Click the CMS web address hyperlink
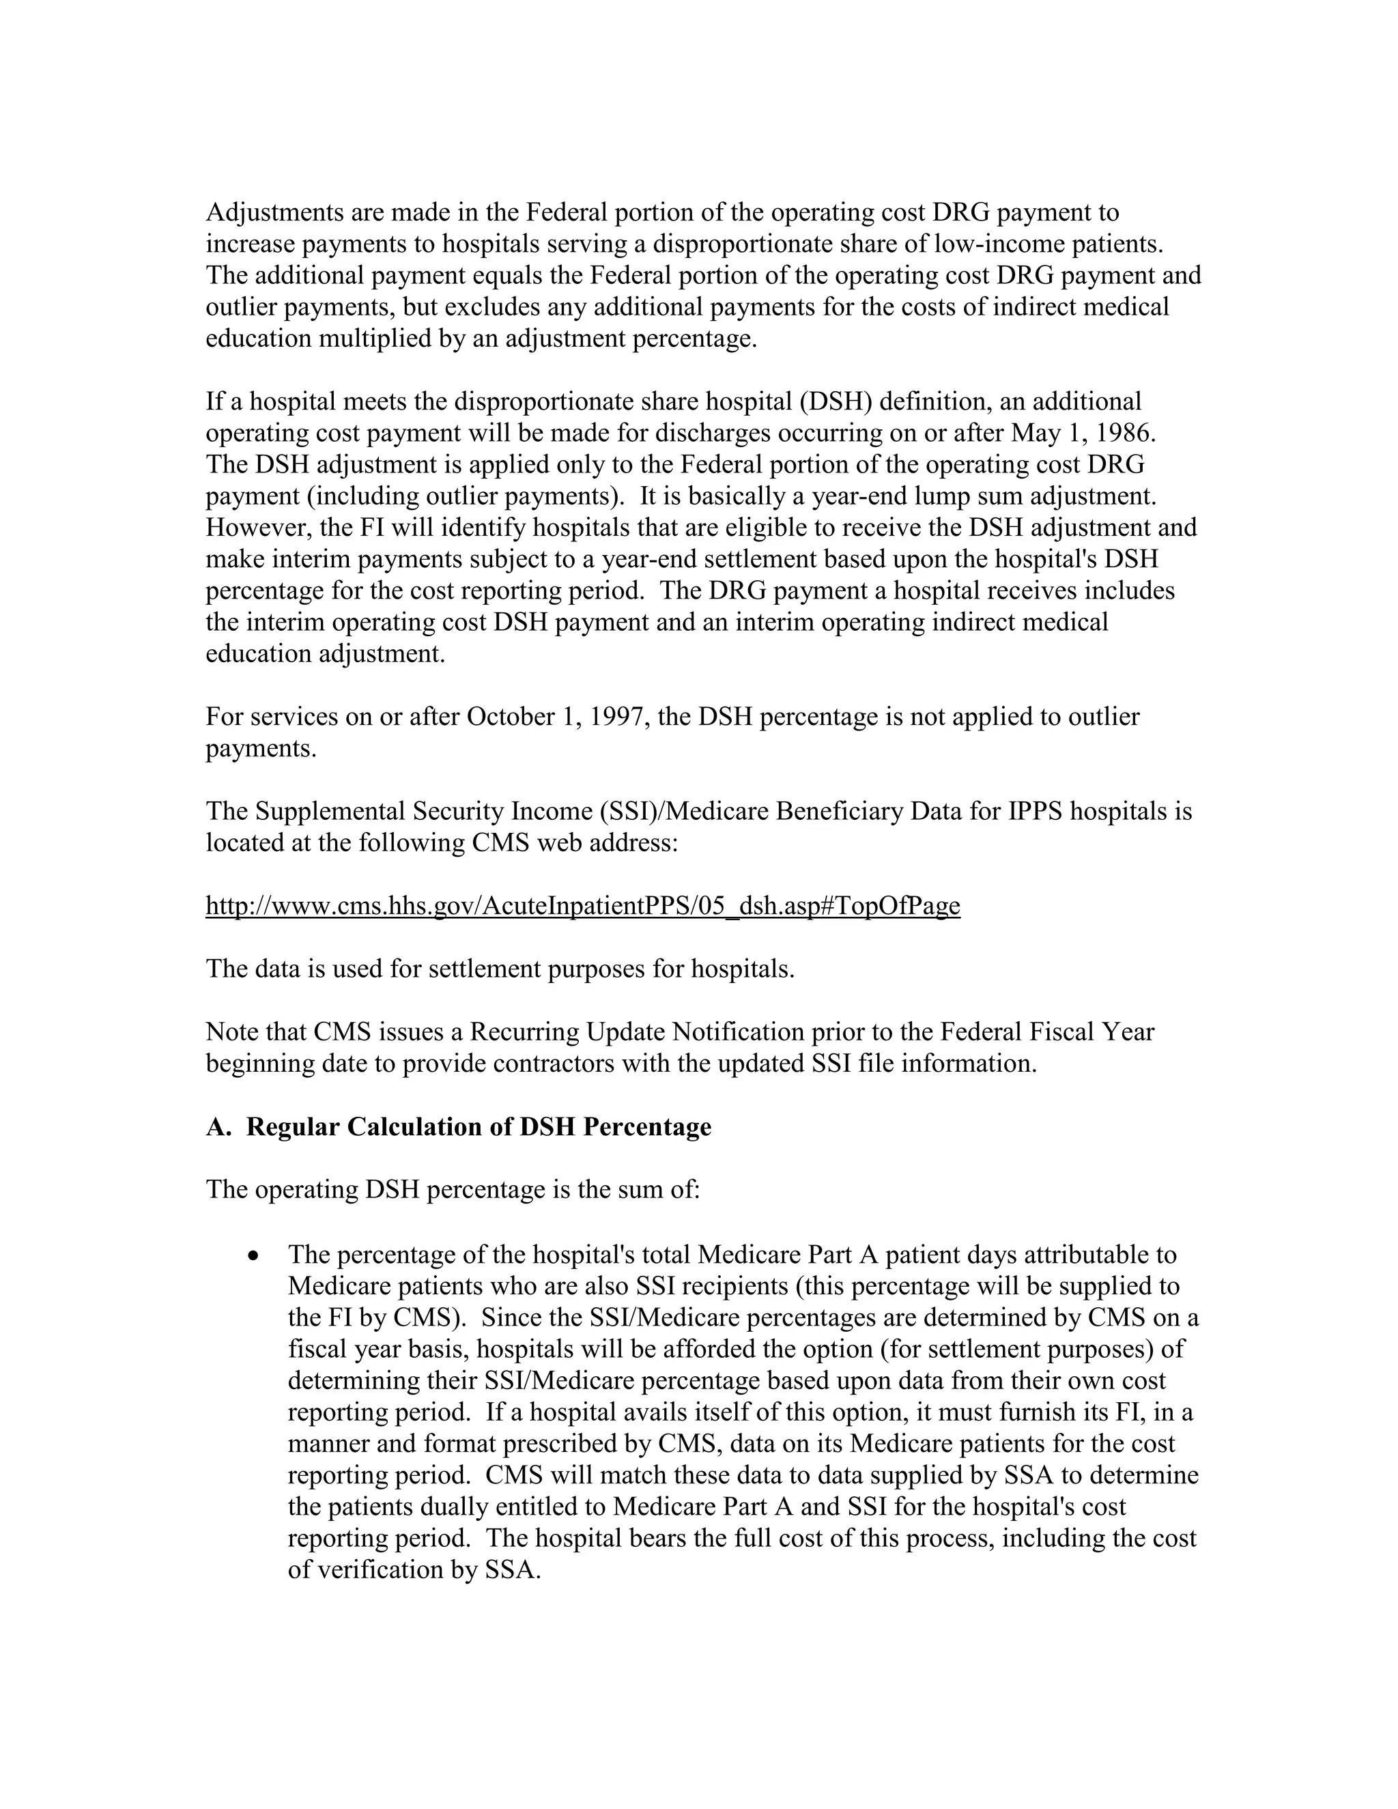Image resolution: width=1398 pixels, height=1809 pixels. [x=582, y=905]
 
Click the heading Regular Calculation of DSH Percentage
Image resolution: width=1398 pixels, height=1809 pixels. [x=479, y=1126]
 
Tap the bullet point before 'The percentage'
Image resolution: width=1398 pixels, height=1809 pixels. [x=254, y=1255]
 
